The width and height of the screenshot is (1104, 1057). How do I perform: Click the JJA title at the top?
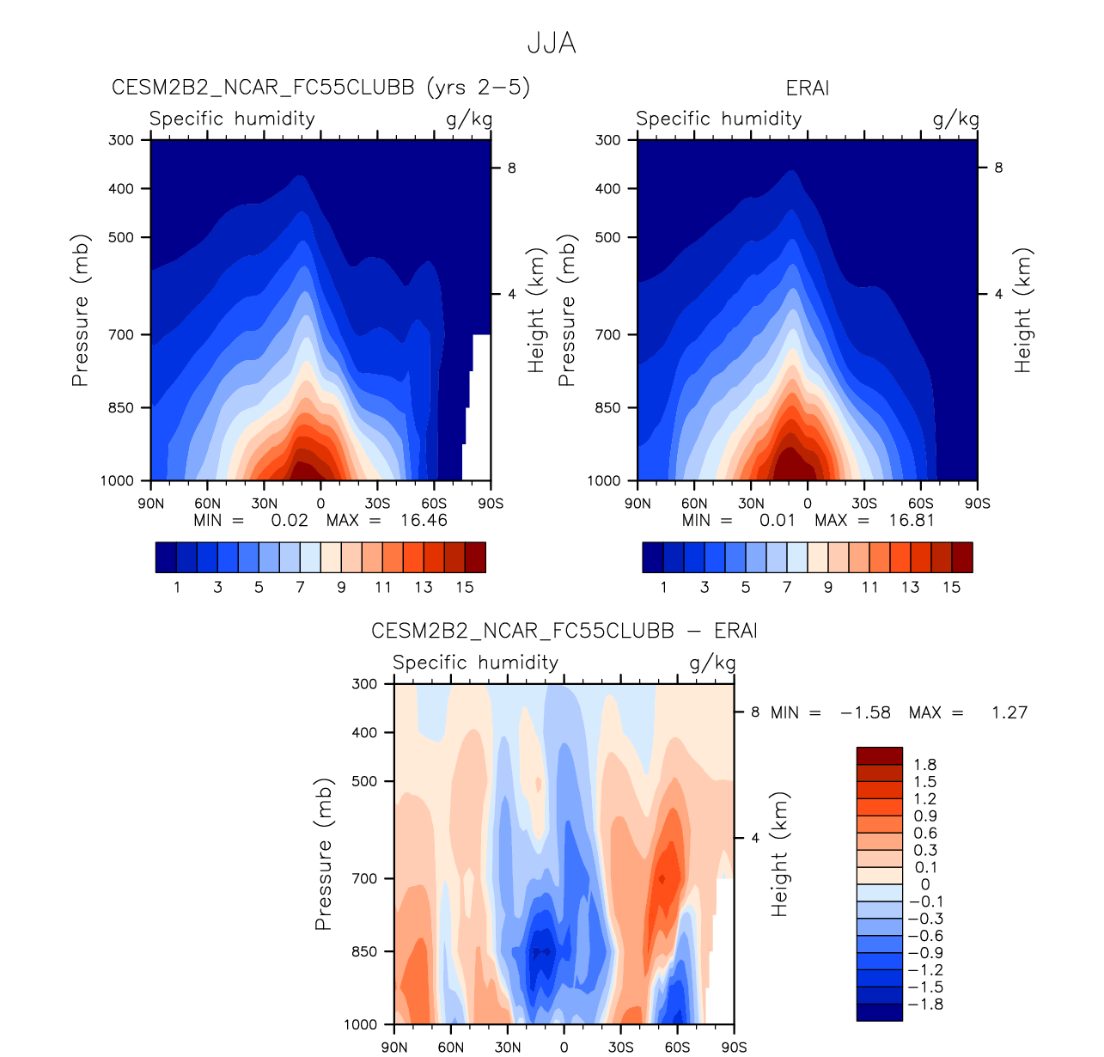click(551, 43)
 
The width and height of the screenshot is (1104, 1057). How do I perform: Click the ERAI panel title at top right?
click(807, 89)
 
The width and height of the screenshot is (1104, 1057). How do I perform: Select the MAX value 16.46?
click(424, 520)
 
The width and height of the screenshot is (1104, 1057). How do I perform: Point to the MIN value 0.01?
click(778, 520)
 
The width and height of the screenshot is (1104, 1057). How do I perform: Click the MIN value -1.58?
click(865, 712)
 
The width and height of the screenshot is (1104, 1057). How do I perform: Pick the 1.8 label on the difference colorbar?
click(925, 765)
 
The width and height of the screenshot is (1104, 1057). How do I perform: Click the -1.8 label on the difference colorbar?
click(924, 1005)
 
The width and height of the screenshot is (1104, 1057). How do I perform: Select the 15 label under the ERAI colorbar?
click(951, 587)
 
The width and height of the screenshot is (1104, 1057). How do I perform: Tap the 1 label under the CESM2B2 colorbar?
click(177, 587)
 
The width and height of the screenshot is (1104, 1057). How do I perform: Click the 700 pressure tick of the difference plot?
click(365, 878)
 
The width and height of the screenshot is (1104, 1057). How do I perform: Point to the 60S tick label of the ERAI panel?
click(920, 504)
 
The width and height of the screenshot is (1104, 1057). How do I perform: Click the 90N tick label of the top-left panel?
click(151, 504)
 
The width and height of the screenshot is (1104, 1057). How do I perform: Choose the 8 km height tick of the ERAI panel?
click(998, 168)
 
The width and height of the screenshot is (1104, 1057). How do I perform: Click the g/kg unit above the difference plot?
click(712, 663)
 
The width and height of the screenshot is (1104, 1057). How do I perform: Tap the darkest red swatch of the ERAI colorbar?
click(962, 557)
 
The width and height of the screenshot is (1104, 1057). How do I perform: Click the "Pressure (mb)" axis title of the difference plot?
click(323, 854)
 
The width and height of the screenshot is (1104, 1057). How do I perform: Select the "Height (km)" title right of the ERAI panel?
click(1022, 310)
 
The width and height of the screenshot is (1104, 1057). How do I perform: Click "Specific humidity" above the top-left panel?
click(232, 119)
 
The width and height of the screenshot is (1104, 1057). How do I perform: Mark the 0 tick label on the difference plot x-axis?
click(564, 1047)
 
